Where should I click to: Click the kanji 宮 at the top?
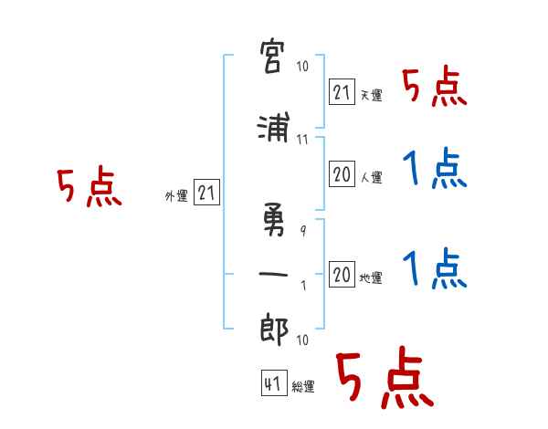point(272,56)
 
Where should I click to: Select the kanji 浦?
point(274,127)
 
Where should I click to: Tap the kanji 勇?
point(274,219)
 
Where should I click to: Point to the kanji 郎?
point(274,329)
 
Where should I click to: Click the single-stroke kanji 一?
point(273,274)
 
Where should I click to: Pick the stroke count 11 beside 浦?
point(302,140)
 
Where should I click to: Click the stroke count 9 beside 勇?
point(303,231)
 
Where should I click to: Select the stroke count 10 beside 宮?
point(302,66)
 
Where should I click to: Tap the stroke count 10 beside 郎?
point(302,340)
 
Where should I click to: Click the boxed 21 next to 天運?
point(342,92)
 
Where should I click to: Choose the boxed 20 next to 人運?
point(342,173)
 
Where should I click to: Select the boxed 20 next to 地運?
point(342,274)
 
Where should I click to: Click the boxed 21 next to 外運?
point(206,193)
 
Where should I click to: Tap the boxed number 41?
point(274,383)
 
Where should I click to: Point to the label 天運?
point(372,95)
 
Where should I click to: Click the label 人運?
point(372,177)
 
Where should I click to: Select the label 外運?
point(176,196)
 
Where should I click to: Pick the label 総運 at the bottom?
point(303,386)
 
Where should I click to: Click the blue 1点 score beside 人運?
point(435,168)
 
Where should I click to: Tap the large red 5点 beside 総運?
point(385,377)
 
